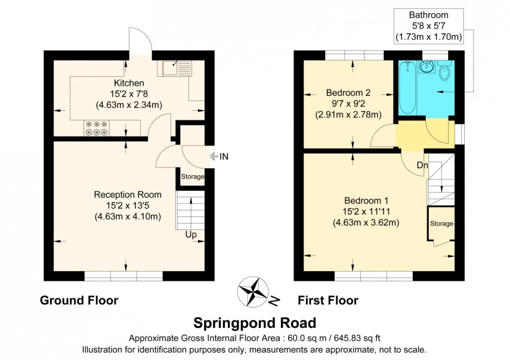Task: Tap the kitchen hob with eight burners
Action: tap(97, 128)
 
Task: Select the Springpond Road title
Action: tap(255, 323)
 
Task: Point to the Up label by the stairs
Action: tap(191, 235)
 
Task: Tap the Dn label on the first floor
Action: tap(422, 165)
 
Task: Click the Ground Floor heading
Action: tap(79, 300)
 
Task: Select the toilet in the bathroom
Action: tap(444, 73)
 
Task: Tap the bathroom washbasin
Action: tap(427, 67)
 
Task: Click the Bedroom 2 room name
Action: tap(348, 92)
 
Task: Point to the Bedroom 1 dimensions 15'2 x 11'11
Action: tap(366, 212)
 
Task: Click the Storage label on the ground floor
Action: tap(193, 177)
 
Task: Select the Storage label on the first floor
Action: tap(442, 224)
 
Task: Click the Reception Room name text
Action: tap(128, 194)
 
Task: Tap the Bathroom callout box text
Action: tap(428, 26)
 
